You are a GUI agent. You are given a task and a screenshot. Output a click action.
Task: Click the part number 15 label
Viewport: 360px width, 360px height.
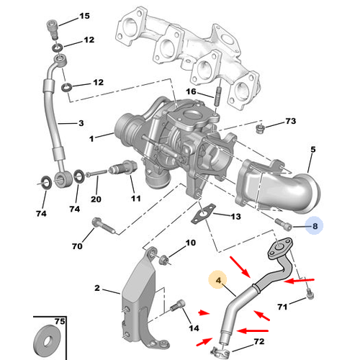click(85, 16)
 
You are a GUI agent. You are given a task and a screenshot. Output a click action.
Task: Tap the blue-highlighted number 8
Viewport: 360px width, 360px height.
click(314, 226)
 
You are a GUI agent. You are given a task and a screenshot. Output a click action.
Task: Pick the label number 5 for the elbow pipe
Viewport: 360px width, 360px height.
click(313, 150)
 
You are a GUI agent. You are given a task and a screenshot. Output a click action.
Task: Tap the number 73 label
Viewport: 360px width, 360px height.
click(290, 121)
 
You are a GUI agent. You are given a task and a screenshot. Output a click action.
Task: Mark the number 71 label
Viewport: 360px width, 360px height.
click(282, 308)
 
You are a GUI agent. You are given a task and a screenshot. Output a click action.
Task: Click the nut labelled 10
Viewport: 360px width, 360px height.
click(164, 258)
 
